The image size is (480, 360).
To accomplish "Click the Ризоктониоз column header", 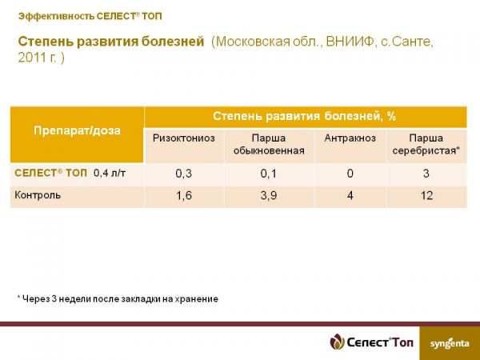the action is coord(184,138).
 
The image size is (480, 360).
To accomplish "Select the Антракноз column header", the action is coord(350,138).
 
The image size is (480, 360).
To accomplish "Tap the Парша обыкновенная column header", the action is coord(269,144).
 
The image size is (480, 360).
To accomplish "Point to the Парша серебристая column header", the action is coord(426,144).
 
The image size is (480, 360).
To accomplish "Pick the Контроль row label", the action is coord(38,195).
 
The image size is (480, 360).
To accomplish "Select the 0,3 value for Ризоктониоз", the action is coord(184,174).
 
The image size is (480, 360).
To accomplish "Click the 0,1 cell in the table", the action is coord(269,174).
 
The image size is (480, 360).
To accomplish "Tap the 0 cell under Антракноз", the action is coord(350,174).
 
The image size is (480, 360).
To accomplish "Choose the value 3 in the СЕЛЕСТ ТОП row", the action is coord(426,174).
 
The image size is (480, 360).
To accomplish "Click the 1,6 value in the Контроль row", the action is coord(184,195).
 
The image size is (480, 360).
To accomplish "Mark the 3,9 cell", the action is coord(269,195).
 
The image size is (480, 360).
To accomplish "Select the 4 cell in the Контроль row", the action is coord(350,195).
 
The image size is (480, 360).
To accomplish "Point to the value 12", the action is coord(426,195).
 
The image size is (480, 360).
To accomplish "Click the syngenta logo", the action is coord(450,343).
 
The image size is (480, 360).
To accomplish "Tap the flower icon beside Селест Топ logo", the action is coord(337,342).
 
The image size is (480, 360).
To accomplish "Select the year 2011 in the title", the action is coord(31,58).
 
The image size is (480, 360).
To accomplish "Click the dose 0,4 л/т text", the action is coord(110,174).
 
